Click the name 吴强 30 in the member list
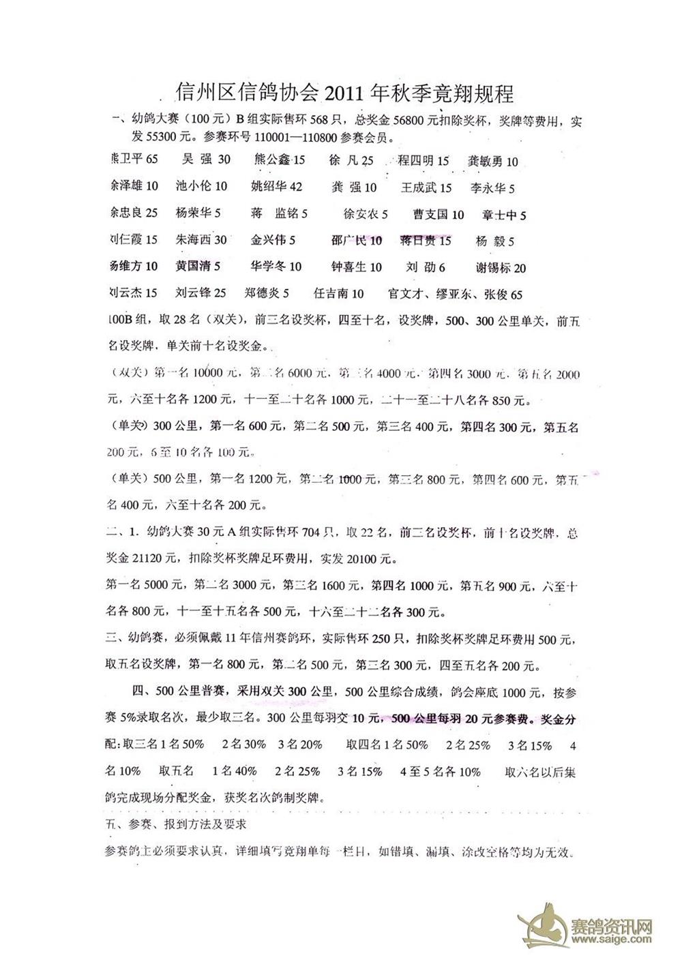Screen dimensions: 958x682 pos(207,160)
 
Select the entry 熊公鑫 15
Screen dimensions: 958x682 pos(279,160)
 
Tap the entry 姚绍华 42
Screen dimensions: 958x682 pos(276,186)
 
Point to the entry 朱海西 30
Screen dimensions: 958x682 pos(201,240)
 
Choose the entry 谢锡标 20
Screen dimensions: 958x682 pos(501,267)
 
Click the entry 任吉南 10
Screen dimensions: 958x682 pos(338,293)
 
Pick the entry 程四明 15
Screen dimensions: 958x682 pos(424,161)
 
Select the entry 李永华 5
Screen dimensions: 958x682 pos(492,188)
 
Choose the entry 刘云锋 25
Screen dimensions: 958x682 pos(201,293)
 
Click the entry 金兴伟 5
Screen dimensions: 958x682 pos(273,240)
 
